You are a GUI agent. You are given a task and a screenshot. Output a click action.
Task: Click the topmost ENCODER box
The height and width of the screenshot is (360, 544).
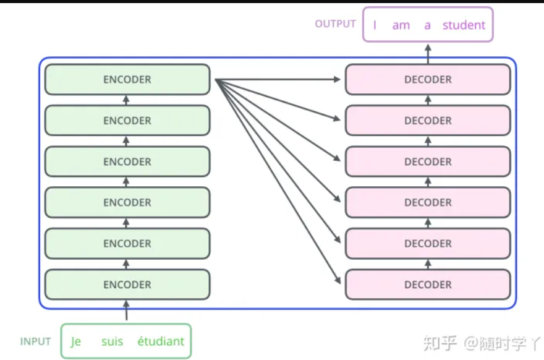[127, 80]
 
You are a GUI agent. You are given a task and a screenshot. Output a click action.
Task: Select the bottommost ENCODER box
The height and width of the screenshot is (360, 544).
[127, 285]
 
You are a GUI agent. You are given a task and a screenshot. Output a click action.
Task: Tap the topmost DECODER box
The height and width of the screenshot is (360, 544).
[428, 80]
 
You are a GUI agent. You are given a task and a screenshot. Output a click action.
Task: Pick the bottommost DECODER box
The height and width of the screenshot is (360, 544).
[428, 285]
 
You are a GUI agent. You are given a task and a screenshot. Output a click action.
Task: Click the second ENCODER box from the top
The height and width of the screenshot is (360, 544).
[127, 121]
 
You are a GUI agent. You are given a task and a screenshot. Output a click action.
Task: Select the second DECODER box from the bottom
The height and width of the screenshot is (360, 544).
[428, 244]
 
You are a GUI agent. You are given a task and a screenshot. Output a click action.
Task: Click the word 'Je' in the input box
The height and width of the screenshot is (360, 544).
[76, 341]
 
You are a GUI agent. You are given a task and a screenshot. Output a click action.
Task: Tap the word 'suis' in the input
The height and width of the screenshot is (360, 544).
[112, 341]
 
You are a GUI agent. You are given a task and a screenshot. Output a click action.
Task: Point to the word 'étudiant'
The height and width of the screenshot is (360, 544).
[161, 341]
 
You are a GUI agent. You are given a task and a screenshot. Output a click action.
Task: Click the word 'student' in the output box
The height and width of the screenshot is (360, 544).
[464, 25]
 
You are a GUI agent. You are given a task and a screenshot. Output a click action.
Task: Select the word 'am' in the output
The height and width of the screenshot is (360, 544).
[401, 25]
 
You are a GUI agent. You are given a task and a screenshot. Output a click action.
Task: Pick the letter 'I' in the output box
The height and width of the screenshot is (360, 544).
[375, 25]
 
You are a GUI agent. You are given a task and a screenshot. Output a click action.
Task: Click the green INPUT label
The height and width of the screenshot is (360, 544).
[36, 341]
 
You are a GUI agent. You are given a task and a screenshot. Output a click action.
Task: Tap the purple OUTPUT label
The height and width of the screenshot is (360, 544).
[335, 24]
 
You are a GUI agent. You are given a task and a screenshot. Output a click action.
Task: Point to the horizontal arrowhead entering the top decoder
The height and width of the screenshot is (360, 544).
[337, 79]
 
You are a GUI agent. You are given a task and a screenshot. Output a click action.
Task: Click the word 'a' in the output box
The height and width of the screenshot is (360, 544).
[427, 25]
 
